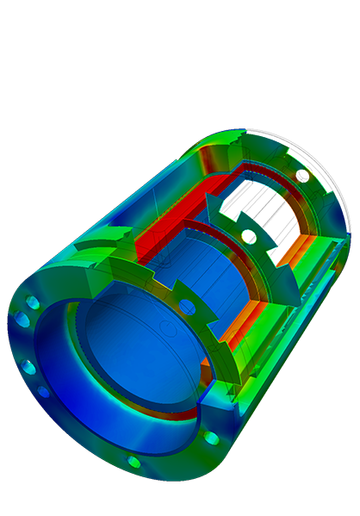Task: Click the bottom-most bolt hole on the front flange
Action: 133,462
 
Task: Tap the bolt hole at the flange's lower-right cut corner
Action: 211,438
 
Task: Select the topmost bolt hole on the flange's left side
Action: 33,303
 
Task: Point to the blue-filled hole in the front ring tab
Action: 187,307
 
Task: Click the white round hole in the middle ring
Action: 249,236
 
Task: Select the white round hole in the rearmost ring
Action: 302,176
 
